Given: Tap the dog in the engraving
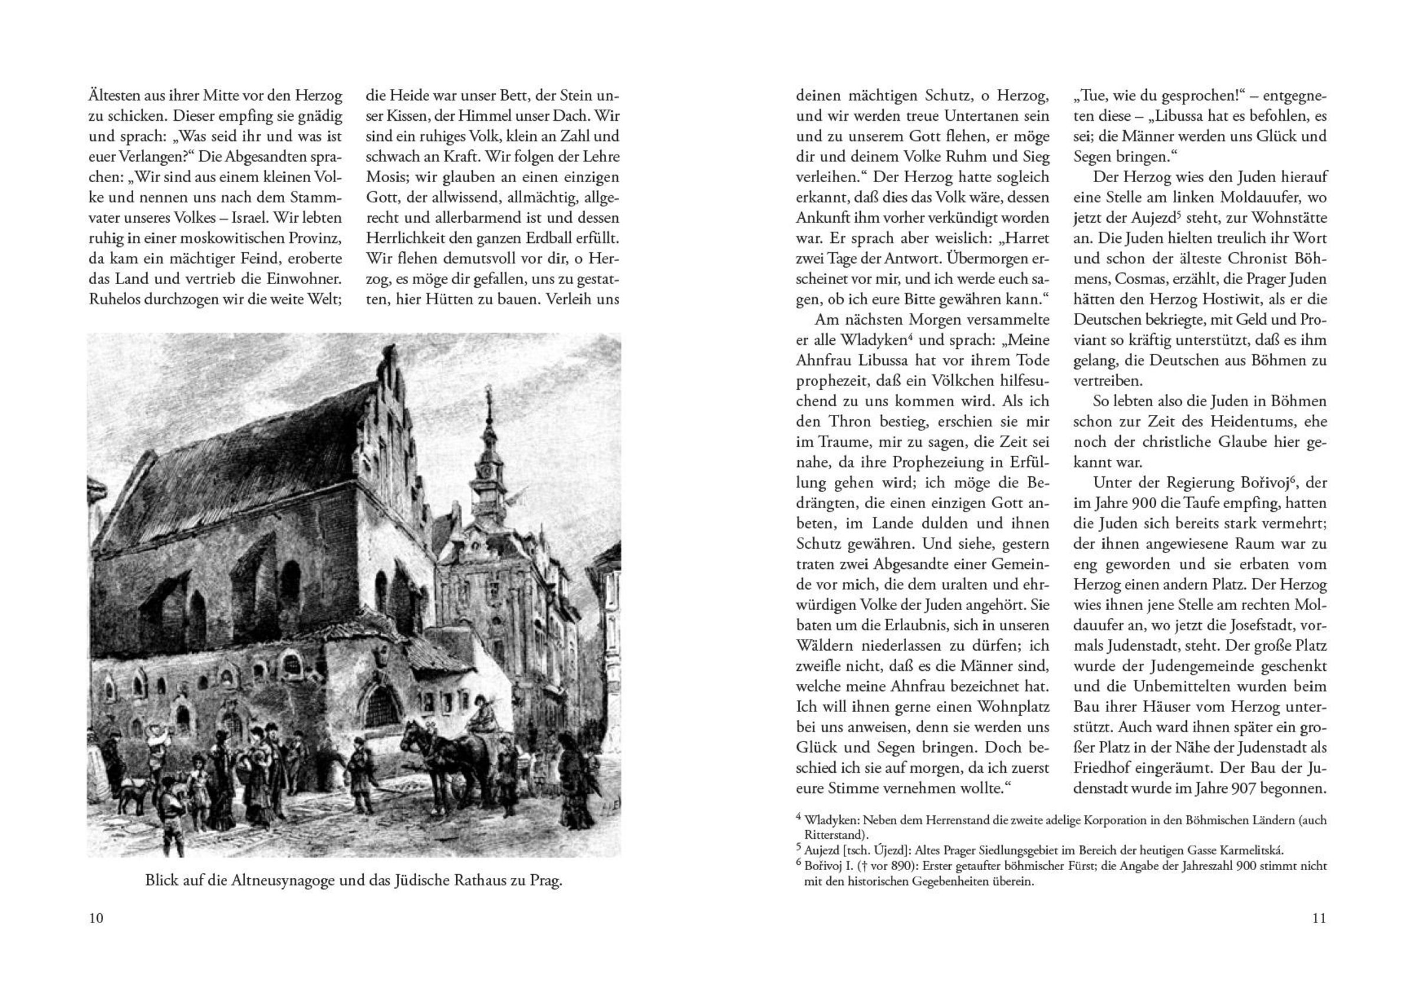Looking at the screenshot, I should pos(133,795).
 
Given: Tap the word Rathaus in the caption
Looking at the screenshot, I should pos(481,880).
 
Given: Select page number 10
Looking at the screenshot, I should pos(96,918).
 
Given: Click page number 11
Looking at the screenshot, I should pos(1318,918).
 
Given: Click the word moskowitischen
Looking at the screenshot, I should pos(230,239).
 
